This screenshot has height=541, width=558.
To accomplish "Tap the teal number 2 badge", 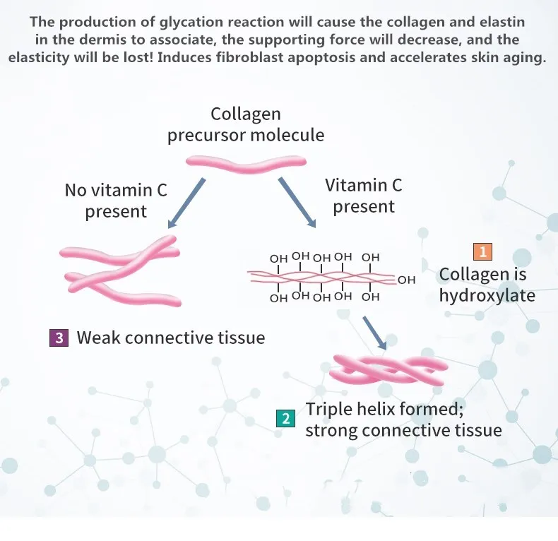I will (285, 418).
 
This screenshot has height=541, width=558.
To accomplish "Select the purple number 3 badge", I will (59, 338).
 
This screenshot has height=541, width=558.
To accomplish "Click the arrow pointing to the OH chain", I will (297, 202).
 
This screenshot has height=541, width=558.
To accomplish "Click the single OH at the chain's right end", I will (407, 280).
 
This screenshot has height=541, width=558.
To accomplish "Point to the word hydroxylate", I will (487, 295).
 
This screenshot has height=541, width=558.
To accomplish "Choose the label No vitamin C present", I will (116, 201).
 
